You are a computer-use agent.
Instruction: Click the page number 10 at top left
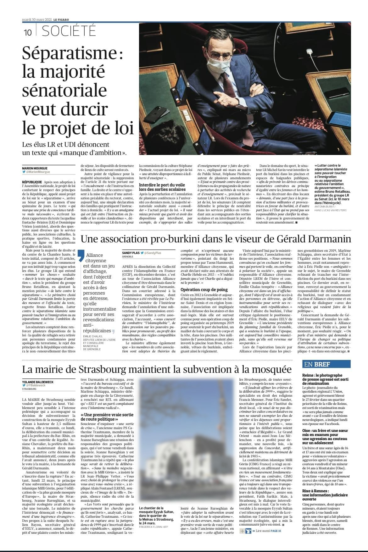[x=27, y=32]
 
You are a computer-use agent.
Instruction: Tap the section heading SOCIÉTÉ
[x=69, y=32]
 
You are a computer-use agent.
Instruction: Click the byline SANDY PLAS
[x=131, y=253]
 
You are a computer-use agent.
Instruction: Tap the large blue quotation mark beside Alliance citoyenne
[x=81, y=256]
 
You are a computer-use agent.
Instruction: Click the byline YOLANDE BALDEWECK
[x=38, y=382]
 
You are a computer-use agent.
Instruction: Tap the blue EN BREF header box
[x=326, y=364]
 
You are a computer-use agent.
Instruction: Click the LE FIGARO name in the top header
[x=61, y=20]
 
